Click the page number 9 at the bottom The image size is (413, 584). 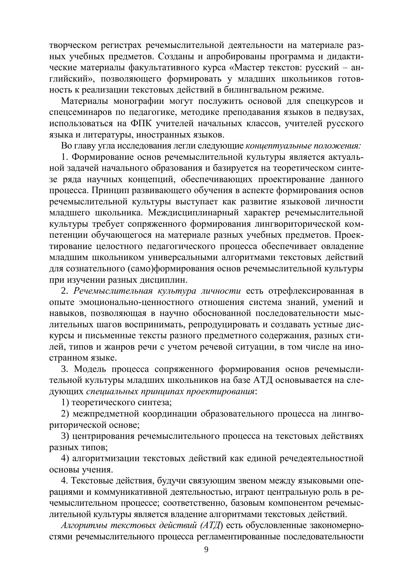tap(206, 549)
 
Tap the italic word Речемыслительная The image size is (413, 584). tap(112, 291)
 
